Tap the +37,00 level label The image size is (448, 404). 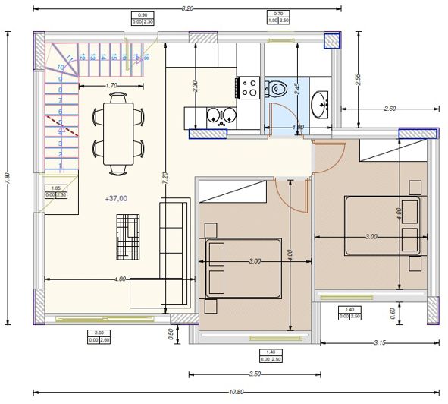coord(117,198)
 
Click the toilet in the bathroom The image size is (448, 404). coord(276,89)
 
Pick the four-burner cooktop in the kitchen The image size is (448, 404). coord(248,88)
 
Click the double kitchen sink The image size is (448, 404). coord(221,116)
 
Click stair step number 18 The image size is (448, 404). coord(145,54)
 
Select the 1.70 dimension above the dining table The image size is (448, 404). coord(111,86)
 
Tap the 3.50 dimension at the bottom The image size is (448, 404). coord(255,374)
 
